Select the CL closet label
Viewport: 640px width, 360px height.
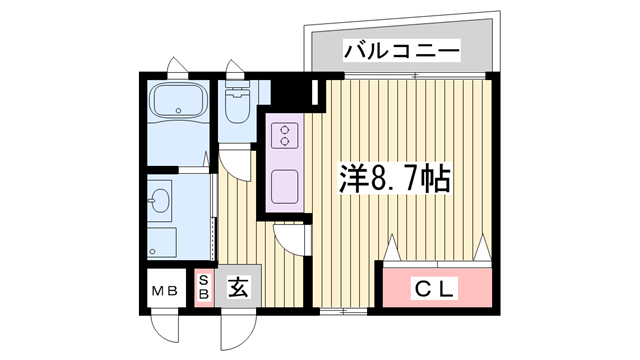(x=436, y=290)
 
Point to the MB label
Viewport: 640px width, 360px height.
(x=164, y=291)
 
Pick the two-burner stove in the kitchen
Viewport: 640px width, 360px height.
(x=284, y=134)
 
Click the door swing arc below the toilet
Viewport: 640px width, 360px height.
(x=233, y=160)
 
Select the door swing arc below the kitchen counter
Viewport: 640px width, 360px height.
(x=293, y=236)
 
